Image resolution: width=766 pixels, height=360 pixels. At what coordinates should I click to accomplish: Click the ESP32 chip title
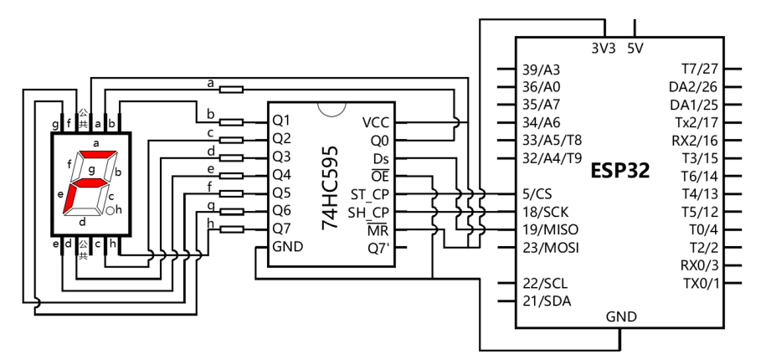click(x=620, y=171)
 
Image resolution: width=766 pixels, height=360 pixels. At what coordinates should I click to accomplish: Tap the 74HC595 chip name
click(x=331, y=188)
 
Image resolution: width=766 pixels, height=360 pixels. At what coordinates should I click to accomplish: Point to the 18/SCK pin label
click(x=545, y=212)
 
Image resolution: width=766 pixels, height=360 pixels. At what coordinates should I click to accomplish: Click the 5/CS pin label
click(x=537, y=194)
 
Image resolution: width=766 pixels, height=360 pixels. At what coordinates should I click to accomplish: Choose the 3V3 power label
click(x=604, y=49)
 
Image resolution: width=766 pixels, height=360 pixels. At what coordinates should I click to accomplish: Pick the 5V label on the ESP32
click(x=635, y=49)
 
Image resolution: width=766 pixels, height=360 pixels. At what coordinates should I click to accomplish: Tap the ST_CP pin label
click(x=370, y=194)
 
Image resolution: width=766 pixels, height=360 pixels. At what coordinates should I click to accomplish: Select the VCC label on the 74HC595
click(x=376, y=122)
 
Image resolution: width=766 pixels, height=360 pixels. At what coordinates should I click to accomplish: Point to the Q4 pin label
click(x=281, y=174)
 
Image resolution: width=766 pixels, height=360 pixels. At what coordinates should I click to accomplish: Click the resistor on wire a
click(x=231, y=90)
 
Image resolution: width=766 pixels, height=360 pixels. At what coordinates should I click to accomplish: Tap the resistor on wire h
click(x=231, y=229)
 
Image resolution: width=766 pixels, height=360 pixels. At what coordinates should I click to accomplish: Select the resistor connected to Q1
click(x=231, y=122)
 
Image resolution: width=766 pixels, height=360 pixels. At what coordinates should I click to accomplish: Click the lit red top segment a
click(x=98, y=154)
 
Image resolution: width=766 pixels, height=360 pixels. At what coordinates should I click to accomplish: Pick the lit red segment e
click(x=69, y=198)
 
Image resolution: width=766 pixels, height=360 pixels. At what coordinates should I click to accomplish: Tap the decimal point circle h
click(x=111, y=210)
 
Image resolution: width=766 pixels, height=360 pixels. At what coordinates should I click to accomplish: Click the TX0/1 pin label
click(x=700, y=283)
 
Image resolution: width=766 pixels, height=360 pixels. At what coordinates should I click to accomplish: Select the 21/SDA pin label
click(x=547, y=301)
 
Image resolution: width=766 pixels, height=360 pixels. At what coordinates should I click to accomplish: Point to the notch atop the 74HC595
click(x=332, y=113)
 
